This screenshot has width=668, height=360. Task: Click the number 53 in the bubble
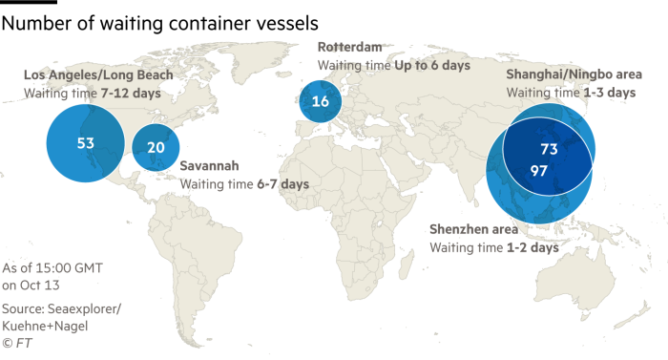click(x=85, y=143)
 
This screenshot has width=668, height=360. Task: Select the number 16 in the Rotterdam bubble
click(x=321, y=101)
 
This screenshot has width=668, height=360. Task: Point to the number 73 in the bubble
click(x=549, y=149)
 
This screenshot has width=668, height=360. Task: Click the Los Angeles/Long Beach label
click(x=98, y=74)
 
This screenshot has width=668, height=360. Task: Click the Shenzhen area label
click(x=474, y=230)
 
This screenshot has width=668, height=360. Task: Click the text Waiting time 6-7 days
click(x=244, y=182)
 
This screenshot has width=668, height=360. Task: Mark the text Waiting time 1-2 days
click(x=493, y=247)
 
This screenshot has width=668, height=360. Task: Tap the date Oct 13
click(x=52, y=285)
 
